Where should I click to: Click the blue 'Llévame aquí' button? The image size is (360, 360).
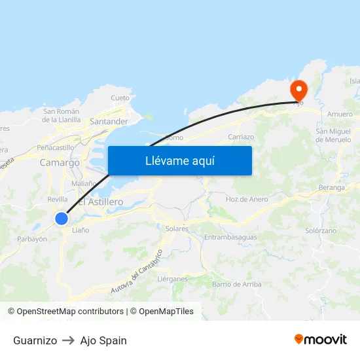pyautogui.click(x=179, y=160)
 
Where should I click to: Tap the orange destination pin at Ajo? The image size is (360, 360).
pyautogui.click(x=298, y=90)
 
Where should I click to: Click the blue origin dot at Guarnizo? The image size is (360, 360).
pyautogui.click(x=62, y=219)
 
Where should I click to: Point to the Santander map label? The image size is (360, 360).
pyautogui.click(x=109, y=122)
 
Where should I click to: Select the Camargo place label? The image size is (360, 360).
pyautogui.click(x=60, y=162)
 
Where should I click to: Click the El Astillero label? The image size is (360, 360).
pyautogui.click(x=100, y=202)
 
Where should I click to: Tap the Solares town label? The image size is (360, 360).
pyautogui.click(x=177, y=228)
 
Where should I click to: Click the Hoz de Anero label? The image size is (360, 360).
pyautogui.click(x=247, y=199)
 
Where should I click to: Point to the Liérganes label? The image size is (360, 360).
pyautogui.click(x=172, y=279)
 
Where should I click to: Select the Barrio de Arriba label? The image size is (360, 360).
pyautogui.click(x=236, y=284)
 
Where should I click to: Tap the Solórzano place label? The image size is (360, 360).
pyautogui.click(x=321, y=231)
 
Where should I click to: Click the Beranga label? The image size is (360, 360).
pyautogui.click(x=333, y=187)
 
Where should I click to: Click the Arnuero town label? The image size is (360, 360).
pyautogui.click(x=340, y=114)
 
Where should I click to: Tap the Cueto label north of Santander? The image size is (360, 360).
pyautogui.click(x=120, y=98)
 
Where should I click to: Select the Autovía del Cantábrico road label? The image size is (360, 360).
pyautogui.click(x=137, y=272)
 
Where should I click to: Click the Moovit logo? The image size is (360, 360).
pyautogui.click(x=321, y=339)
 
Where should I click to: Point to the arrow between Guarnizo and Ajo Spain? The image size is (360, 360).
pyautogui.click(x=68, y=340)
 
